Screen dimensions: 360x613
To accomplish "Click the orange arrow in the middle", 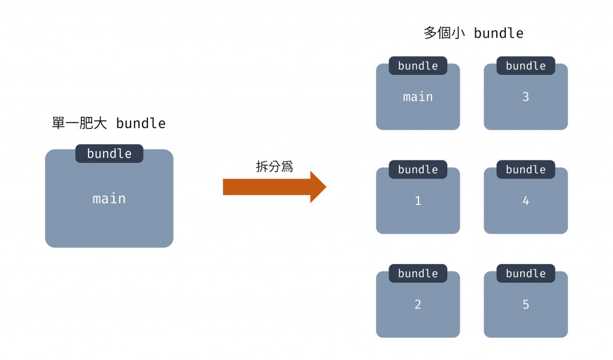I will (272, 187).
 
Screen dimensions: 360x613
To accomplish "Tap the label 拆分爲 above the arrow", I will (274, 167).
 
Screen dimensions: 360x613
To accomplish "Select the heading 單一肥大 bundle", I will (109, 123).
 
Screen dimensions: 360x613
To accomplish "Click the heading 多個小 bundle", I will (473, 33).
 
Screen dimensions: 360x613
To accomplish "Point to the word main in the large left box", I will (109, 198).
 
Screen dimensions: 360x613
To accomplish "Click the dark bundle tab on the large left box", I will (109, 153).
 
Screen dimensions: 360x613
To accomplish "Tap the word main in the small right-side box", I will (418, 96).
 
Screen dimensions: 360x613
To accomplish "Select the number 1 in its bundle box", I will (418, 201).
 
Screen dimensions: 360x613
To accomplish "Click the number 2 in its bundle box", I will (418, 304).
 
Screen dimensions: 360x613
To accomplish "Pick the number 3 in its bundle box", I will (526, 96).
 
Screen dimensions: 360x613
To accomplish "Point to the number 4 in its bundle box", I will (526, 201).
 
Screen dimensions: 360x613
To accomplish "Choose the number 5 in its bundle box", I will (526, 304).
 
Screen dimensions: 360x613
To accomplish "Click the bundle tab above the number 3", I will (526, 66).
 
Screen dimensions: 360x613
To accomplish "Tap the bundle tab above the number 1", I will (418, 170).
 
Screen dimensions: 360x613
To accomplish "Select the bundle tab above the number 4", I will (526, 170).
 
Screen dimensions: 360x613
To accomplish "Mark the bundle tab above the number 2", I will (418, 273).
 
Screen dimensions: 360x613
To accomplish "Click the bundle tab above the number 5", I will (526, 273).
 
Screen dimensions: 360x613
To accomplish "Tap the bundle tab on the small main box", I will (418, 66).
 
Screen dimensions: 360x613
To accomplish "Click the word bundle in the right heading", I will (499, 33).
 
